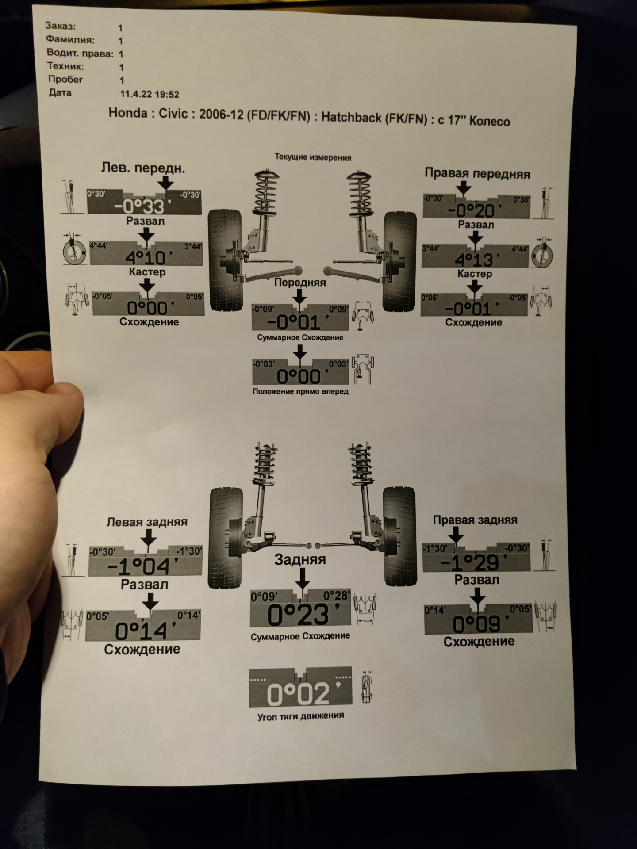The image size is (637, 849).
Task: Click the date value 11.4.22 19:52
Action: [x=150, y=94]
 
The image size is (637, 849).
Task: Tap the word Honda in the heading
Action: [x=128, y=113]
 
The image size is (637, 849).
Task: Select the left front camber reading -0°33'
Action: [x=139, y=207]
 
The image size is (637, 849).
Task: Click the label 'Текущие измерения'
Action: [x=313, y=157]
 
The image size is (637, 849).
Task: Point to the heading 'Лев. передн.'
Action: [x=143, y=168]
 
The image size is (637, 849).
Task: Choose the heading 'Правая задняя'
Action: [x=475, y=520]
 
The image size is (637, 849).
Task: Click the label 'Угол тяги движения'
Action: [x=301, y=715]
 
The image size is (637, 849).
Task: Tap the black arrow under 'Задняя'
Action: [x=302, y=578]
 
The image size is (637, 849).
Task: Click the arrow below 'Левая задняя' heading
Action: [x=148, y=540]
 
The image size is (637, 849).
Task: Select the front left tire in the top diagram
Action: [x=225, y=260]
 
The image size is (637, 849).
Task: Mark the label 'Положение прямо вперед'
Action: [x=300, y=391]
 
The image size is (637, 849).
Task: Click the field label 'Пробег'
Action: [x=65, y=80]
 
